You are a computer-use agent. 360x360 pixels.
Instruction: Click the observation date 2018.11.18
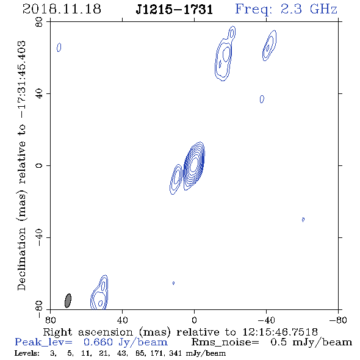coord(62,9)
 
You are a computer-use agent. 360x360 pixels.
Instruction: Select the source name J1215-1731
coord(175,10)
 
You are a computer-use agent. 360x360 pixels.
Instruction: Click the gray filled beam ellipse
coord(68,300)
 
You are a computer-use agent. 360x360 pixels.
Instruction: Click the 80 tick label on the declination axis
coord(39,22)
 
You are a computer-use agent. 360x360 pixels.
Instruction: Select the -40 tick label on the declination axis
coord(39,237)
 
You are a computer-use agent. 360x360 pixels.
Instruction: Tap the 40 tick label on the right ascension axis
coord(122,320)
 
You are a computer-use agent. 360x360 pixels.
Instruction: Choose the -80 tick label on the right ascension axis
coord(338,320)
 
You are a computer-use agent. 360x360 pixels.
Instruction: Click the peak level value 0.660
coord(98,342)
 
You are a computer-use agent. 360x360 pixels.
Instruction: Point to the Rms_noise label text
coord(225,342)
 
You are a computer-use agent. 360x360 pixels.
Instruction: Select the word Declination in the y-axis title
coord(21,259)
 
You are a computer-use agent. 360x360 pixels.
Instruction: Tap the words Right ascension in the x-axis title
coord(88,332)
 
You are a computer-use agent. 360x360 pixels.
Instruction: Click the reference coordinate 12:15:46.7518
coord(280,332)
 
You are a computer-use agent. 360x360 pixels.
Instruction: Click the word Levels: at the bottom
coord(27,353)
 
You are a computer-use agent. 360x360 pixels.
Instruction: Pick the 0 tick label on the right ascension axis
coord(194,320)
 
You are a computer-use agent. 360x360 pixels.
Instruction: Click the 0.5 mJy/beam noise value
coord(311,342)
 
